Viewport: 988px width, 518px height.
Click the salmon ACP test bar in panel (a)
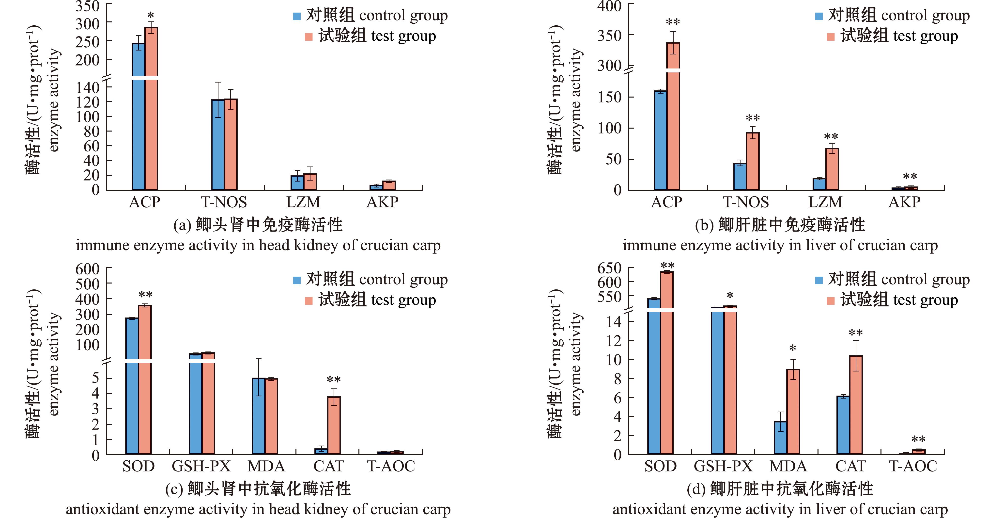151,108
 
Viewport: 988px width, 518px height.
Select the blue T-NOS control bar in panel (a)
218,145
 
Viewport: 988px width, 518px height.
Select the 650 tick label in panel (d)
609,268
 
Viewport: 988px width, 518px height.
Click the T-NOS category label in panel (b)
746,202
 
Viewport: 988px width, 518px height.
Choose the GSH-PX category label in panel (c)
201,466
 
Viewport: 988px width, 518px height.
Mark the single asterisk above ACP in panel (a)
151,15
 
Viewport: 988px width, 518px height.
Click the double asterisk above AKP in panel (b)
910,176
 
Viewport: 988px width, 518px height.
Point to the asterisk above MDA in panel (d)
793,348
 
